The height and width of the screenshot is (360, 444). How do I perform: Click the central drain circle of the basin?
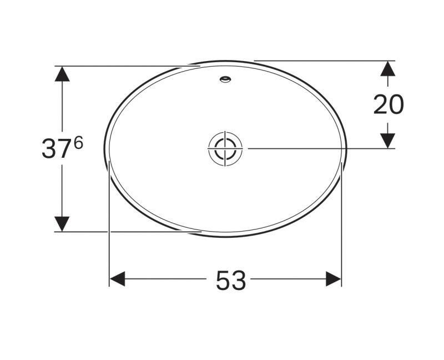coord(226,148)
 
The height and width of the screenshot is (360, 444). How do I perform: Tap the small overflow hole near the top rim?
coord(226,79)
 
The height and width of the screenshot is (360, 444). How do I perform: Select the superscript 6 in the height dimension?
coord(78,143)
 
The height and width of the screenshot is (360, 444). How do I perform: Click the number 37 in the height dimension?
coord(56,149)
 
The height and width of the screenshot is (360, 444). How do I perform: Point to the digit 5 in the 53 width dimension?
coord(223,281)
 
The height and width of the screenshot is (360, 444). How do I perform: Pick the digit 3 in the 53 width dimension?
coord(239,281)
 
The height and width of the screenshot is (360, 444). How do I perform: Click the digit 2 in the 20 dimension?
coord(381,104)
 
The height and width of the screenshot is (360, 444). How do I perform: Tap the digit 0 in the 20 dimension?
coord(396,104)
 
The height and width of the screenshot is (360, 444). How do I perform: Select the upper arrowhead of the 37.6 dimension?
coord(62,74)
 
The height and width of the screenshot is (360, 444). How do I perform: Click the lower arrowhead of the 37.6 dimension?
coord(62,223)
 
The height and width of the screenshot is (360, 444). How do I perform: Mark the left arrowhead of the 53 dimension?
coord(117,279)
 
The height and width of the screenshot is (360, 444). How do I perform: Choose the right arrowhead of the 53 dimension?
coord(334,279)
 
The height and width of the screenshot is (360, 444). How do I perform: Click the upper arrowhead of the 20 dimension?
coord(387,68)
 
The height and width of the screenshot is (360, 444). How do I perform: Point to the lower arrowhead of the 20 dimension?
coord(387,141)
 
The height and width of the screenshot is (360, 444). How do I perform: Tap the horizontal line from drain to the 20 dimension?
coord(316,148)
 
